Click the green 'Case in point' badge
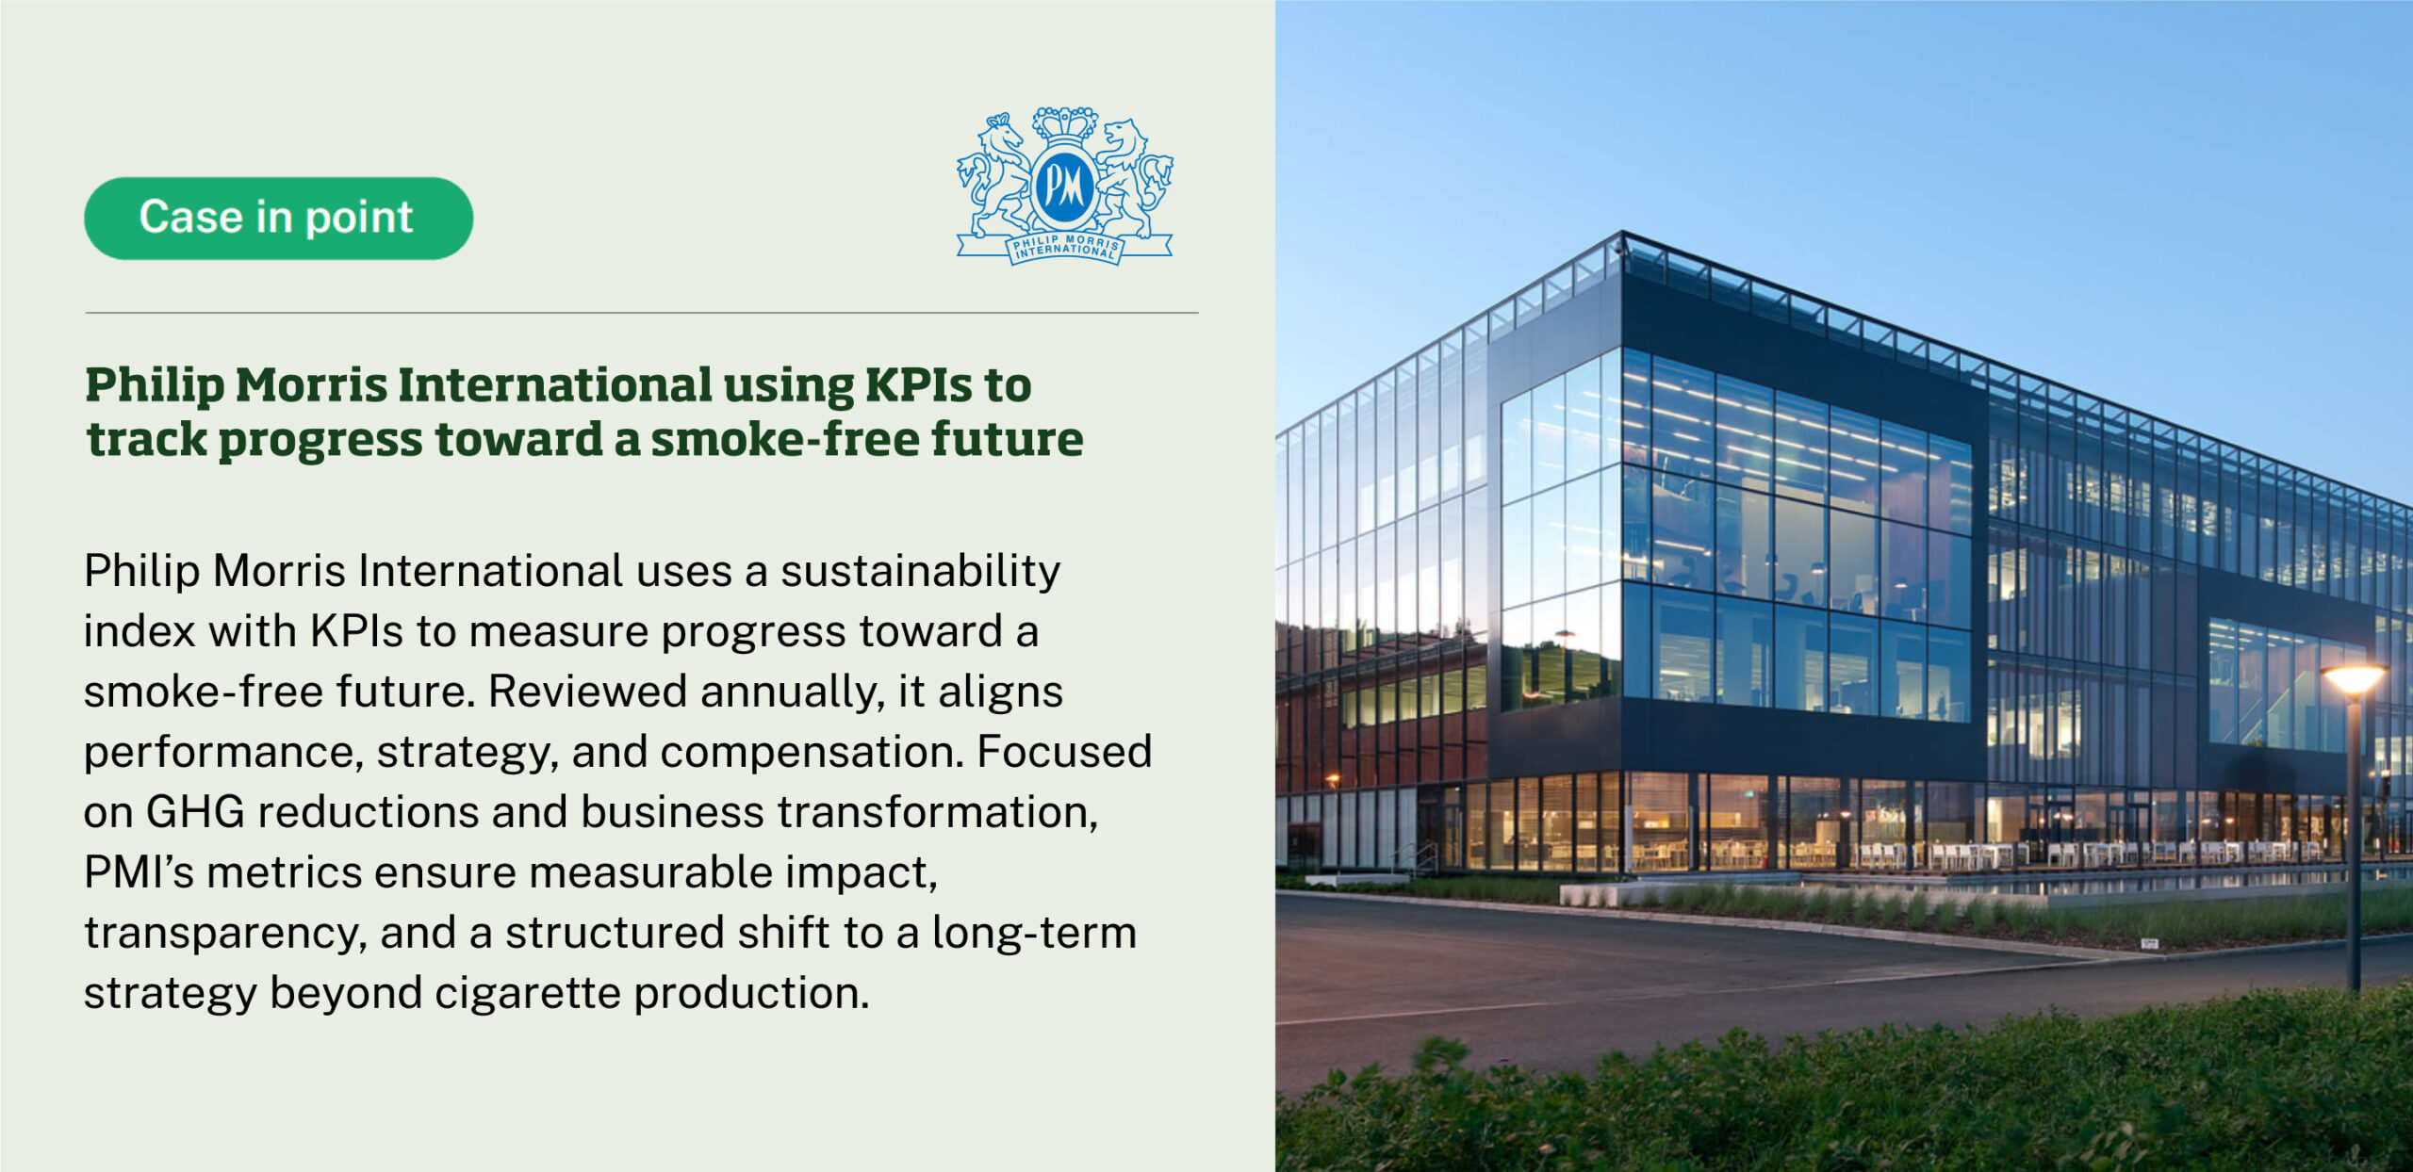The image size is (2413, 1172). (x=278, y=218)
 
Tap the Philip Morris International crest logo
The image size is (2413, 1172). (x=1065, y=186)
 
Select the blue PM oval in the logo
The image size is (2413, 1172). (x=1065, y=186)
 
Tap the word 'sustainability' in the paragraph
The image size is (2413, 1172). (x=920, y=572)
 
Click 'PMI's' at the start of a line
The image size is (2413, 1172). (x=139, y=872)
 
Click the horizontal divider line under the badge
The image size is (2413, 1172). (x=642, y=313)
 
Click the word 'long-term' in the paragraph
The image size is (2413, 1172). (x=1034, y=934)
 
